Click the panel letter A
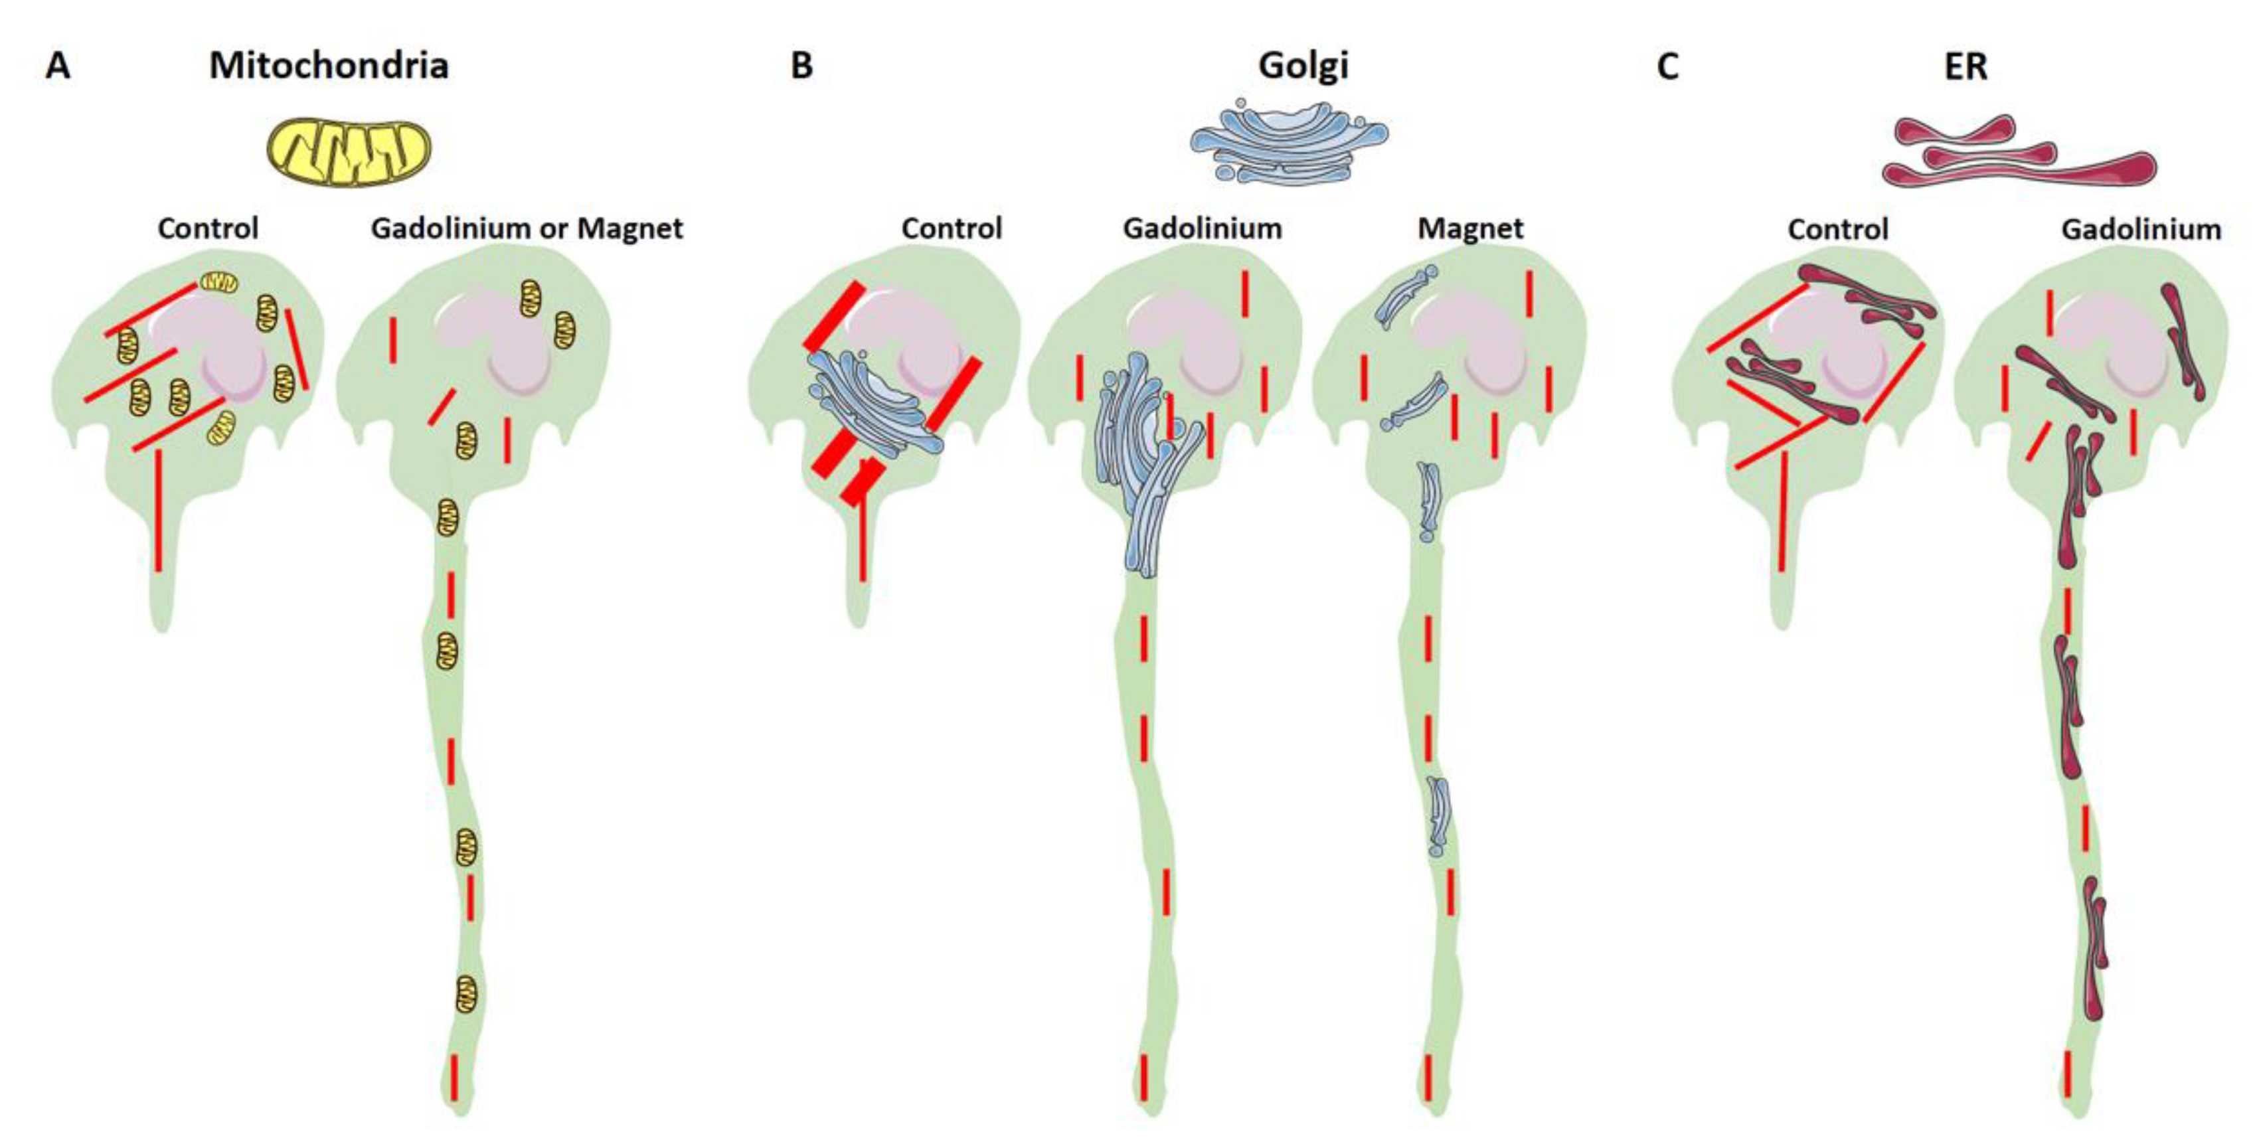point(58,66)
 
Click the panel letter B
point(801,66)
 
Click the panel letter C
point(1667,66)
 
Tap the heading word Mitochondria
point(329,66)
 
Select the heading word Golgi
point(1303,66)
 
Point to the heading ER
point(1965,66)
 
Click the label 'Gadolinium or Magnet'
point(527,228)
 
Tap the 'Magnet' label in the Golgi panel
point(1470,228)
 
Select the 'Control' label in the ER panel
point(1837,229)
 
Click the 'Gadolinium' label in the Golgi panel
point(1203,228)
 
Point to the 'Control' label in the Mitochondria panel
point(208,228)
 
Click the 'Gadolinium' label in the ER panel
point(2141,229)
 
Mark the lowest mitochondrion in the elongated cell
point(468,994)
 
